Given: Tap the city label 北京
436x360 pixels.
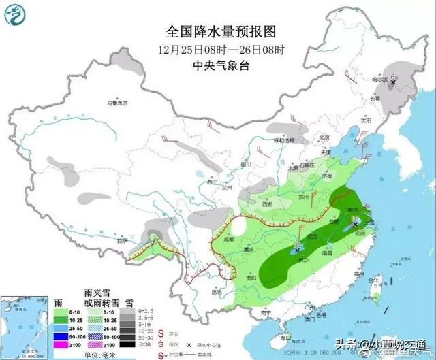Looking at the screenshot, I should (x=325, y=135).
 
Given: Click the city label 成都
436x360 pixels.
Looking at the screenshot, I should (x=227, y=239).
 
